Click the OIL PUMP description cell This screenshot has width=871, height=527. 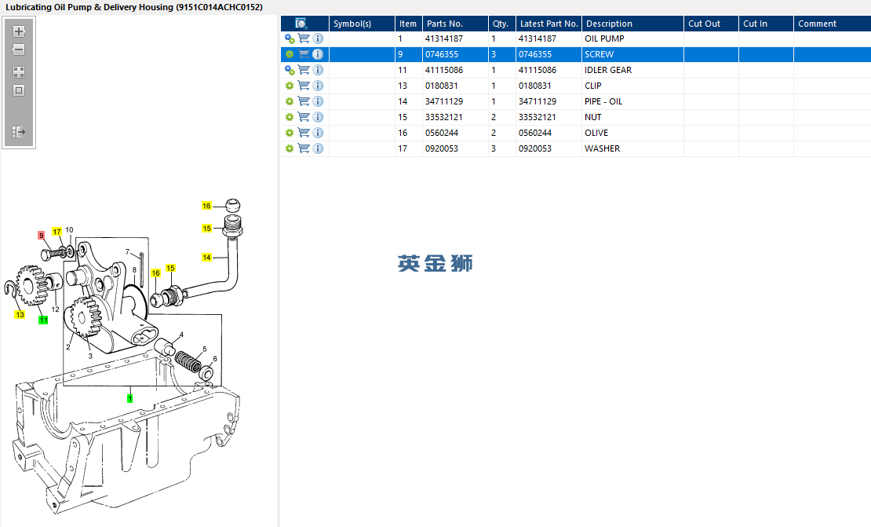point(604,39)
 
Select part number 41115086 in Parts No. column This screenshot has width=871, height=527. point(444,70)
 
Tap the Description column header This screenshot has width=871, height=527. point(609,24)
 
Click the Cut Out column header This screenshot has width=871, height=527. point(704,24)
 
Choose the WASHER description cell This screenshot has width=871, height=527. point(602,148)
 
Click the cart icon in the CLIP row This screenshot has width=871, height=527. point(304,86)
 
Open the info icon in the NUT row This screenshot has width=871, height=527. point(318,117)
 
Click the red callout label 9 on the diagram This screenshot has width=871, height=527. point(41,236)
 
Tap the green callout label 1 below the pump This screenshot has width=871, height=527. point(130,398)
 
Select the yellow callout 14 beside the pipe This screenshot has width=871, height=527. point(206,258)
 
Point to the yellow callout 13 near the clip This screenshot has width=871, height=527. point(20,315)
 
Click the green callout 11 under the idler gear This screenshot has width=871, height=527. point(43,320)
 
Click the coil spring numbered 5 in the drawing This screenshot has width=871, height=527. point(188,361)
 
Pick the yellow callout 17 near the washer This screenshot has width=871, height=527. point(56,232)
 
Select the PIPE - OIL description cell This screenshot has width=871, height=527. point(603,102)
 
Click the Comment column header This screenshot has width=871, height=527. point(817,24)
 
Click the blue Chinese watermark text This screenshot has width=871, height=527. point(435,264)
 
